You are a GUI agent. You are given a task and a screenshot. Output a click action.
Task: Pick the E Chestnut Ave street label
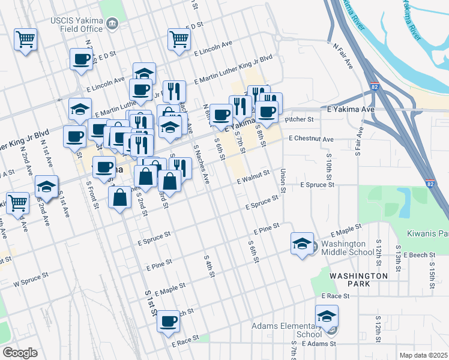(311, 139)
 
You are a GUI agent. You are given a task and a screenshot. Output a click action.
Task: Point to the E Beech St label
(418, 255)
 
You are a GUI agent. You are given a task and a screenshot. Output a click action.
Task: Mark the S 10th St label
(329, 169)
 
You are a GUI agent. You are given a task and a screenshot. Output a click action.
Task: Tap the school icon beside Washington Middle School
(302, 244)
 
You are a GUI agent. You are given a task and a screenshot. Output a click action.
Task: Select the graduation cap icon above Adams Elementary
(327, 316)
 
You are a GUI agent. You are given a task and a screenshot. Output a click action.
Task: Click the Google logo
(20, 353)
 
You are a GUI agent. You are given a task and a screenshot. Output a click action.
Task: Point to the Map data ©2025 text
(423, 355)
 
